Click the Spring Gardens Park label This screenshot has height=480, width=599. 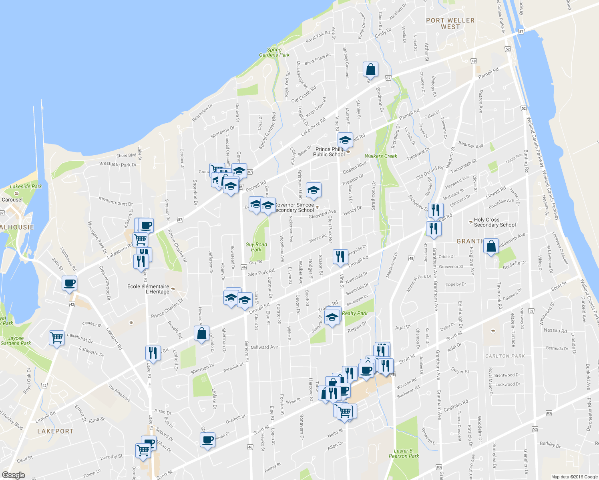click(x=274, y=52)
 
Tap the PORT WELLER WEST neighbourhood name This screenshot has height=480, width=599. click(x=450, y=24)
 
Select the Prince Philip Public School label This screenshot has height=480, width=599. click(x=329, y=152)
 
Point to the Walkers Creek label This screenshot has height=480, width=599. click(x=381, y=156)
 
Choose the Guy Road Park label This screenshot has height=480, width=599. click(x=256, y=247)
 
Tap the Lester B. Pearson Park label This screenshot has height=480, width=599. click(x=404, y=453)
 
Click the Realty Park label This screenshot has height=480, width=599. click(x=354, y=313)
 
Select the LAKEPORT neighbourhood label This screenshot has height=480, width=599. click(x=55, y=431)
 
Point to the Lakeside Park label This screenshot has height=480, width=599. click(x=26, y=186)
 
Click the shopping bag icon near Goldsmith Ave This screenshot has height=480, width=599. click(x=491, y=246)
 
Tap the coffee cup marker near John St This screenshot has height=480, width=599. click(x=69, y=283)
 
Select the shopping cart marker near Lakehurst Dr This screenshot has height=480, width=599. click(x=56, y=338)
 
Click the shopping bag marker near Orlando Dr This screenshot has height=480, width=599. click(x=201, y=333)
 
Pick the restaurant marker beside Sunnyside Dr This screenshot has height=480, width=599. click(x=340, y=256)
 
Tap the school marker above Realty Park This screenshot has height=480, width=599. click(x=332, y=318)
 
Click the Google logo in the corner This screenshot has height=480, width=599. click(x=13, y=475)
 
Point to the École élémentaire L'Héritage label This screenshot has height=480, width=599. click(x=148, y=289)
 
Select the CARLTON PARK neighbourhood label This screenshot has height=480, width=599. click(x=505, y=356)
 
